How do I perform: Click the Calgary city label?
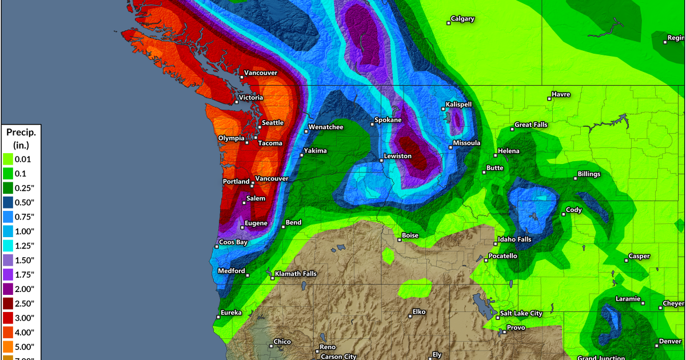[462, 19]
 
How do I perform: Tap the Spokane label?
[388, 121]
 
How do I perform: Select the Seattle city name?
[272, 123]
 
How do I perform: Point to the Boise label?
[410, 235]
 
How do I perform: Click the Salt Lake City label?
[521, 314]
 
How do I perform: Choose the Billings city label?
[591, 173]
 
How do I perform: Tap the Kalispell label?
[459, 105]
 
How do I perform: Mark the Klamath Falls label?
[295, 274]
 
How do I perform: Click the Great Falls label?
[532, 125]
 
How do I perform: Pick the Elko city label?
[420, 313]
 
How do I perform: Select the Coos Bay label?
[233, 242]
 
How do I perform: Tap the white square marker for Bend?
[283, 227]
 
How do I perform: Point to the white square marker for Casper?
[627, 261]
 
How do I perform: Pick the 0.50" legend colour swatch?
[8, 202]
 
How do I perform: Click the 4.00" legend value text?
[25, 333]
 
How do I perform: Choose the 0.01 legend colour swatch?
[8, 159]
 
